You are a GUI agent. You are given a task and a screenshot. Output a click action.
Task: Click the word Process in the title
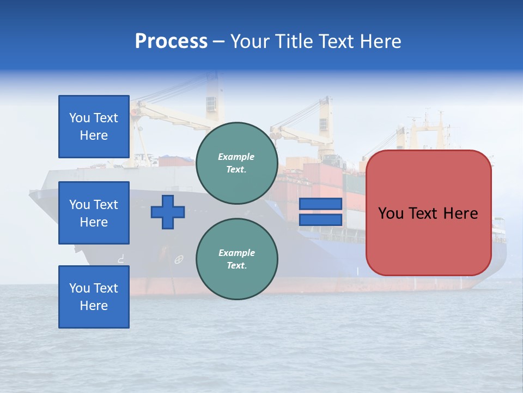click(171, 41)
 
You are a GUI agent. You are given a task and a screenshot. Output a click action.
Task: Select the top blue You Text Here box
click(94, 127)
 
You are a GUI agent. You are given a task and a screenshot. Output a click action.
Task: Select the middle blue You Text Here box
click(94, 213)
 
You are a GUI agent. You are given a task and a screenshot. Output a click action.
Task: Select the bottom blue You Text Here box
click(94, 297)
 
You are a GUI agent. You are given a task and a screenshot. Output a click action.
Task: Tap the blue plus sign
click(168, 212)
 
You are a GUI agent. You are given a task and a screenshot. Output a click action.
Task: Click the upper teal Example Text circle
click(236, 163)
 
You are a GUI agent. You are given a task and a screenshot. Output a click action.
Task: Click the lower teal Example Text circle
click(236, 259)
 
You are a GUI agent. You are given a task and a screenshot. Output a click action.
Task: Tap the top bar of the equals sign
click(320, 204)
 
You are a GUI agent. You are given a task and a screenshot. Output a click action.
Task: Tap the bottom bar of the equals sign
click(320, 219)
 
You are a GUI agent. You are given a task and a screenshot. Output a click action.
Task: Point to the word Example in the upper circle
click(236, 157)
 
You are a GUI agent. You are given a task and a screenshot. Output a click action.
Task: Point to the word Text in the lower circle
click(236, 266)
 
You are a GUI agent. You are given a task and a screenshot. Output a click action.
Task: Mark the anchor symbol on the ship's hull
click(179, 260)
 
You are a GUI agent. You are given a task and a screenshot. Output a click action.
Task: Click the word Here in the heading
click(381, 41)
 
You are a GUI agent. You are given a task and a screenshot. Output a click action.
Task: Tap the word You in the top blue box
click(80, 118)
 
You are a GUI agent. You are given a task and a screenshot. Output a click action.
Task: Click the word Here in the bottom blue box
click(94, 306)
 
